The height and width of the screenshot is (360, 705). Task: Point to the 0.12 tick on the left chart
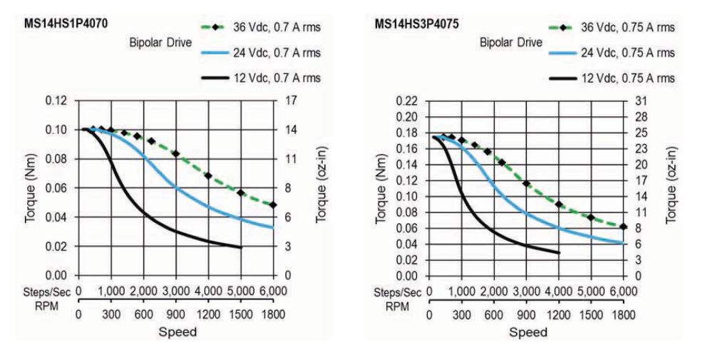56,100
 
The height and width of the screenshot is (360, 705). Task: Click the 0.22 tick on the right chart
408,101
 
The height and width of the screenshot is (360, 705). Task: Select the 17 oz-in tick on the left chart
291,100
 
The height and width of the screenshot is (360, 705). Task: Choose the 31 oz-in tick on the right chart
641,101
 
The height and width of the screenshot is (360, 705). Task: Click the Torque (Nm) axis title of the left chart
30,187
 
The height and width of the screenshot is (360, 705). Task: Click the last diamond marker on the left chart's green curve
273,205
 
